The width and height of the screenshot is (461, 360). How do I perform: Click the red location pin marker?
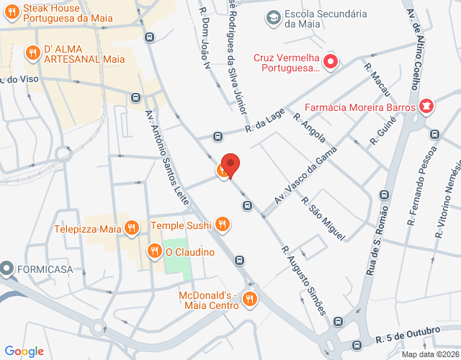(x=230, y=164)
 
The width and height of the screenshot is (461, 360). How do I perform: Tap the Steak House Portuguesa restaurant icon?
(x=12, y=10)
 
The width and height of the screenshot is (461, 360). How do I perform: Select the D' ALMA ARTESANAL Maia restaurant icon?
(x=32, y=53)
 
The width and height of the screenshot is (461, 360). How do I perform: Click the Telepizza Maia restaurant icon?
(x=131, y=229)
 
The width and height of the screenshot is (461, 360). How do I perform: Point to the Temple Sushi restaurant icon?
(x=223, y=225)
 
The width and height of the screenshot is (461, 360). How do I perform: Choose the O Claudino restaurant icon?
(x=154, y=251)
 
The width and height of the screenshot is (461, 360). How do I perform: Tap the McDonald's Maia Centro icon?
(x=250, y=299)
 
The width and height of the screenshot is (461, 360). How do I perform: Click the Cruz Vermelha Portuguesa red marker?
(x=331, y=62)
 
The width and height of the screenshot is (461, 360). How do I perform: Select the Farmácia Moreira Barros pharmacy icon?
(x=427, y=107)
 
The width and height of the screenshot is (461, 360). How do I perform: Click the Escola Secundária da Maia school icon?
(x=273, y=17)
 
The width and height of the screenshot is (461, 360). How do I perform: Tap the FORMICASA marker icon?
(x=7, y=269)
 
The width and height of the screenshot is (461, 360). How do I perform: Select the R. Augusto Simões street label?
(x=303, y=281)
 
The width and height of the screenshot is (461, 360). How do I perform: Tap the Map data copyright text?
(x=430, y=354)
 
